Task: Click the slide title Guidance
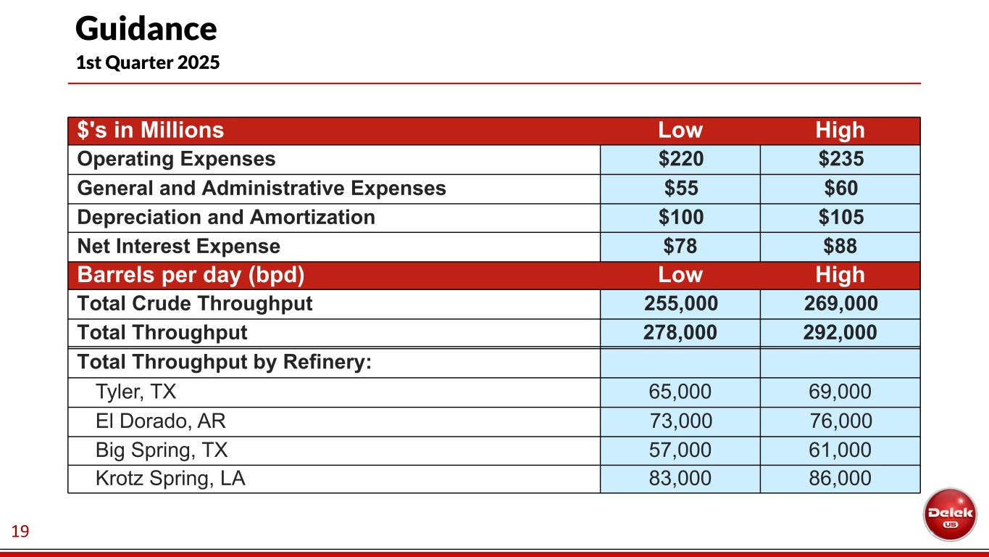tap(146, 29)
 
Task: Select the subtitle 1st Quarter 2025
tap(148, 63)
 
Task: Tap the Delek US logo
tap(949, 513)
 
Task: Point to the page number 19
tap(20, 533)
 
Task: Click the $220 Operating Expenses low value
tap(680, 159)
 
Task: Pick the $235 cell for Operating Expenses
tap(840, 159)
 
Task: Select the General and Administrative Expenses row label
tap(262, 189)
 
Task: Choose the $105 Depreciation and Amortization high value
tap(840, 217)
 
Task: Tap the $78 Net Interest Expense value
tap(680, 247)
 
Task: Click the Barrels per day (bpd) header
tap(191, 276)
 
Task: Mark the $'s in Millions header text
tap(151, 131)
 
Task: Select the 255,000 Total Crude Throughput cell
tap(680, 304)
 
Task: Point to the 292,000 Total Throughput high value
tap(840, 333)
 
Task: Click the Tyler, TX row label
tap(136, 392)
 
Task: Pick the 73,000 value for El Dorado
tap(680, 421)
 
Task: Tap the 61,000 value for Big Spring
tap(840, 450)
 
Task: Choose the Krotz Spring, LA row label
tap(170, 479)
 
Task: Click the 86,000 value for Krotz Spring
tap(840, 479)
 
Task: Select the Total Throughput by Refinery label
tap(225, 362)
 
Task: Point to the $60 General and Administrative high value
tap(840, 189)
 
